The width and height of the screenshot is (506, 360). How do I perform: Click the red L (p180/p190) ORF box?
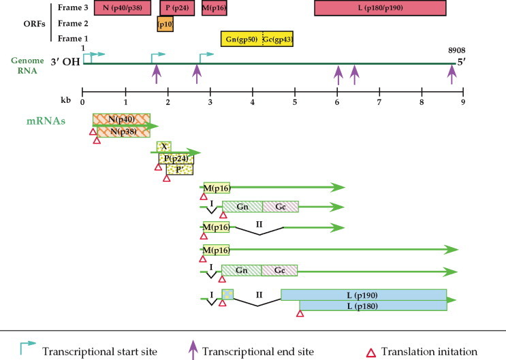(x=379, y=8)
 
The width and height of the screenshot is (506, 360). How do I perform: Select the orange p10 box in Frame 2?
(x=165, y=24)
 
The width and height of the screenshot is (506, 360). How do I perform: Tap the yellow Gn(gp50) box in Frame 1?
(x=241, y=39)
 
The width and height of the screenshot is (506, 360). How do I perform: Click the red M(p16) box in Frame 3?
(x=214, y=8)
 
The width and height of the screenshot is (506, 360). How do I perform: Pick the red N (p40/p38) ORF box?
(x=122, y=8)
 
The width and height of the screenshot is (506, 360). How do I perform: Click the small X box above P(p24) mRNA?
(x=163, y=146)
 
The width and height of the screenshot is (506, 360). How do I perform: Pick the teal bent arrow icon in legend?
(x=27, y=349)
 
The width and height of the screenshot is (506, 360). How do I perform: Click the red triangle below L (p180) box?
(x=300, y=314)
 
